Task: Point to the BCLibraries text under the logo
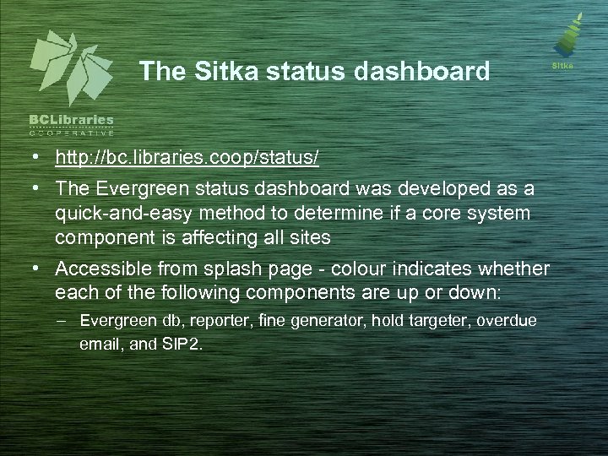[x=72, y=120]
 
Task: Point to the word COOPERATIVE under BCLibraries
[x=72, y=133]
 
